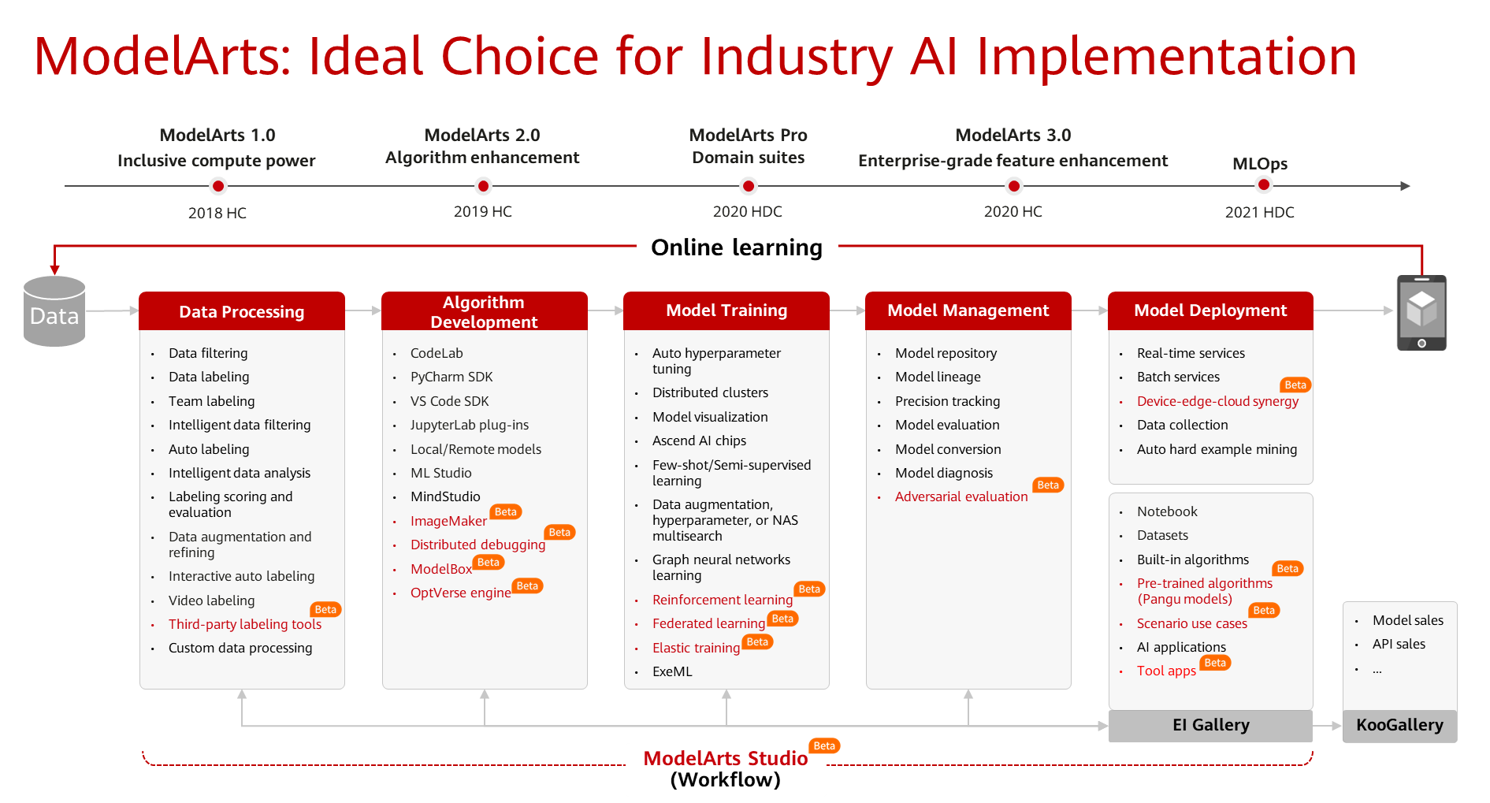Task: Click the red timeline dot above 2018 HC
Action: [218, 186]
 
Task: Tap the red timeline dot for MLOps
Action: [1264, 185]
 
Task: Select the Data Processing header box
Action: [242, 311]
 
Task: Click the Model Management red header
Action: [968, 310]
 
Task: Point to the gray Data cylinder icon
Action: [54, 311]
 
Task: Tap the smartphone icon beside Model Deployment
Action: [1421, 313]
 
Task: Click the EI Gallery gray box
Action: [1210, 725]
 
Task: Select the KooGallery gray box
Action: [1399, 725]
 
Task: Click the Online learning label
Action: [737, 247]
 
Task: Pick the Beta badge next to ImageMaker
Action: [506, 512]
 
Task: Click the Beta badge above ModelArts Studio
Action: [824, 745]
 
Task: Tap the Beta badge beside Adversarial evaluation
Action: [1048, 485]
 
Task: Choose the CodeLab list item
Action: [437, 353]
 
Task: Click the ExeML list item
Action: [672, 671]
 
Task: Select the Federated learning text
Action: [708, 623]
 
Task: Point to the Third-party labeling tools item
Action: [245, 624]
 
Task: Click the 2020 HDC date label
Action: [748, 211]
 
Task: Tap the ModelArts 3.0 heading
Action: [1013, 135]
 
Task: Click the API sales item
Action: [1399, 644]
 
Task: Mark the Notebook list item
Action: [1167, 511]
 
